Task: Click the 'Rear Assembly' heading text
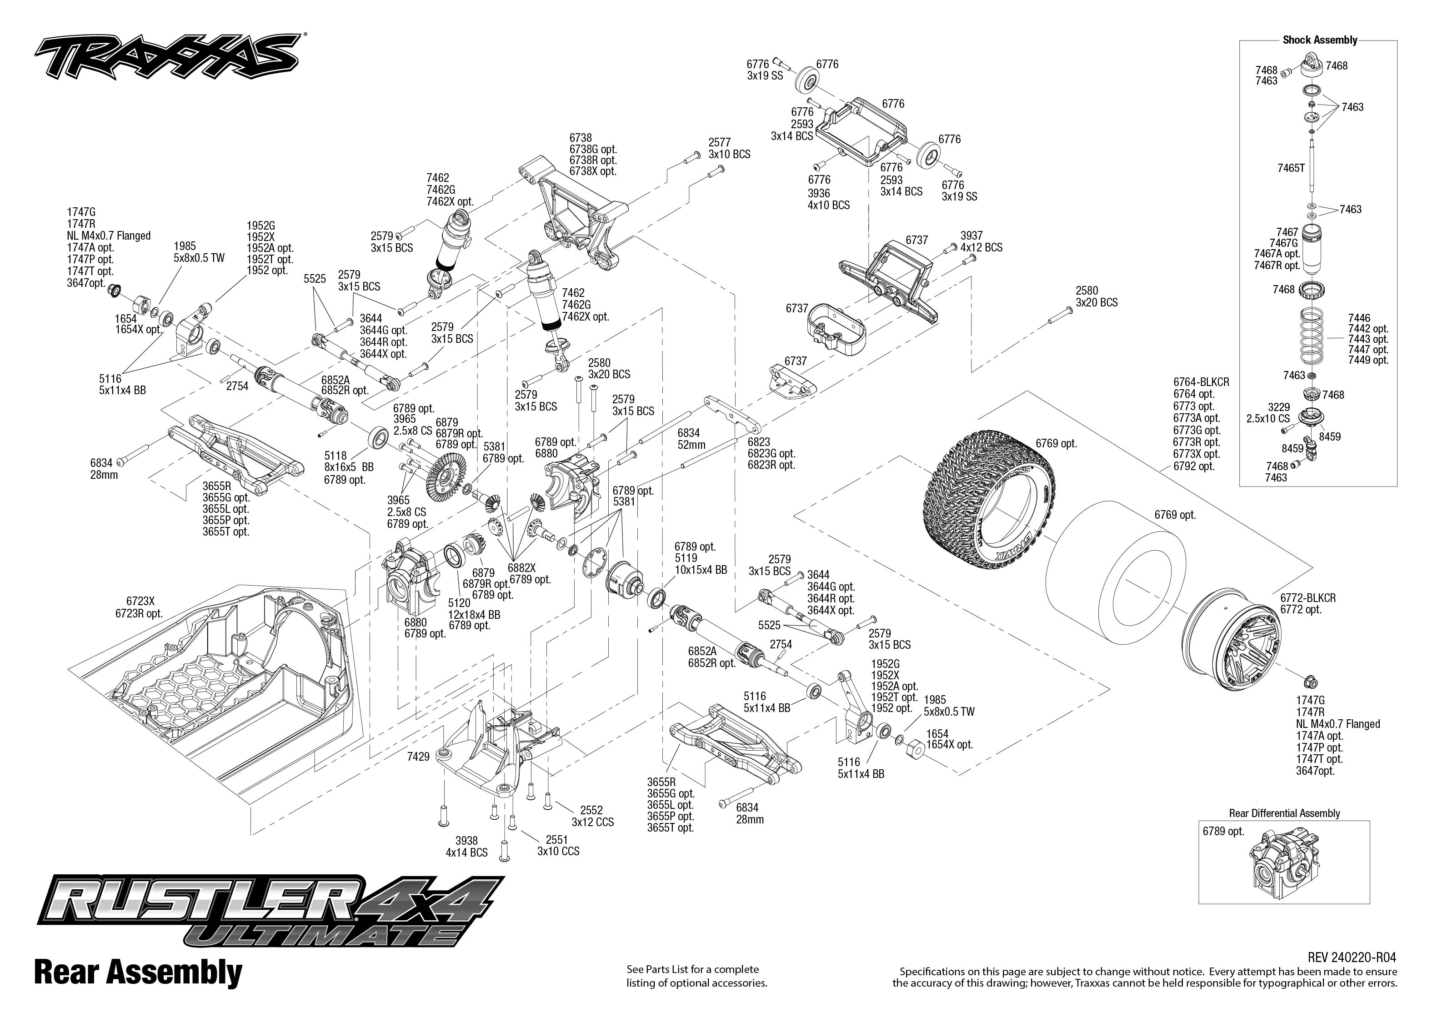(x=138, y=972)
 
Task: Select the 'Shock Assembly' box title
(x=1319, y=40)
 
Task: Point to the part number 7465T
(x=1291, y=168)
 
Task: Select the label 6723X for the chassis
(x=140, y=602)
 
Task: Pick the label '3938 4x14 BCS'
(x=466, y=847)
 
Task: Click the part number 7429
(x=418, y=756)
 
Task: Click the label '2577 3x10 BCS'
(x=729, y=149)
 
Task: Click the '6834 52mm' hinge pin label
(x=691, y=438)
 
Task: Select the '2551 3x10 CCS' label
(x=557, y=845)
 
